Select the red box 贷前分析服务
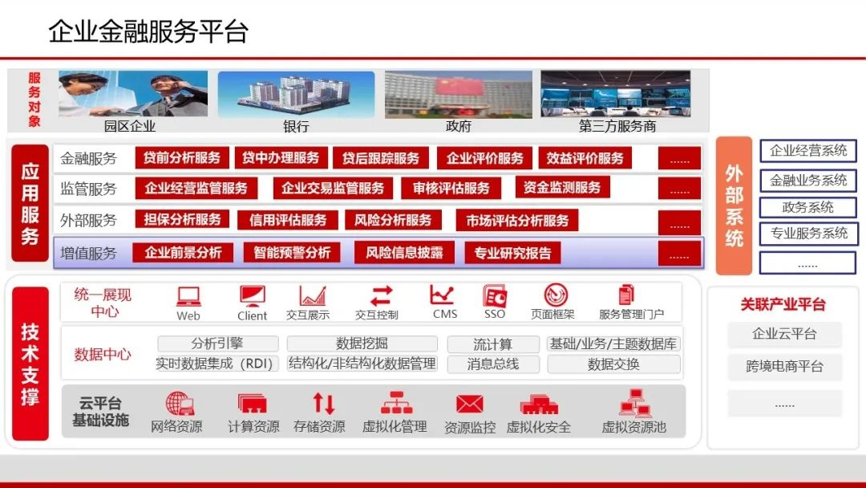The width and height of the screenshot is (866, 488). pyautogui.click(x=182, y=158)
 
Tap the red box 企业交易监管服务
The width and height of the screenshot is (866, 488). pyautogui.click(x=333, y=189)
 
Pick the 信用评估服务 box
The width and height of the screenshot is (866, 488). pyautogui.click(x=288, y=220)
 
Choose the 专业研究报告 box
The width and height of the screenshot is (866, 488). pyautogui.click(x=512, y=254)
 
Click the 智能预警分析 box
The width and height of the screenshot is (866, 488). pyautogui.click(x=292, y=254)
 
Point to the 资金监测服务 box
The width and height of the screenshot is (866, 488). pyautogui.click(x=562, y=188)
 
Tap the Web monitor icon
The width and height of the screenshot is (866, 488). pyautogui.click(x=188, y=295)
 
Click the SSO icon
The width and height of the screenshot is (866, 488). pyautogui.click(x=495, y=295)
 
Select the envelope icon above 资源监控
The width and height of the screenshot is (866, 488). pyautogui.click(x=470, y=403)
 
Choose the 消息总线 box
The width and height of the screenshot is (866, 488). pyautogui.click(x=493, y=364)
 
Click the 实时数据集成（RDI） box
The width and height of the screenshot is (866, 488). pyautogui.click(x=217, y=364)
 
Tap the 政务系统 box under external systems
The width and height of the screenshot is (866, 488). pyautogui.click(x=807, y=207)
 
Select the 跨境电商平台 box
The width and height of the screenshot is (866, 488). pyautogui.click(x=784, y=367)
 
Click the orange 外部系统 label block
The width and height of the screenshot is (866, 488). pyautogui.click(x=734, y=205)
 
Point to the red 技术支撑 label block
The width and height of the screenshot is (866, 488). pyautogui.click(x=30, y=364)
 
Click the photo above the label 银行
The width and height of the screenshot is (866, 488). pyautogui.click(x=296, y=95)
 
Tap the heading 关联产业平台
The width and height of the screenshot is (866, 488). pyautogui.click(x=783, y=304)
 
